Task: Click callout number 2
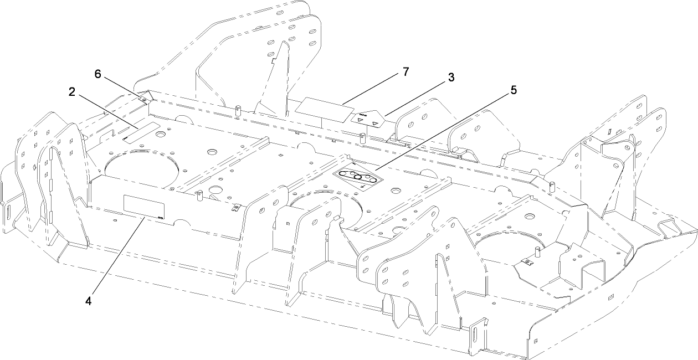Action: (72, 92)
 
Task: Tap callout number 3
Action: (451, 77)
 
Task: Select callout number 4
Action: (89, 301)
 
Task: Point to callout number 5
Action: (513, 90)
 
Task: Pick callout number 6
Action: (98, 74)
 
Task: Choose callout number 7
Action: (406, 72)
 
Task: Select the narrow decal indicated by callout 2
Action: (141, 133)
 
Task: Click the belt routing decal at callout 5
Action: (358, 179)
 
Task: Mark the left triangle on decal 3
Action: (361, 119)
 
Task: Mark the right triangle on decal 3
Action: (375, 124)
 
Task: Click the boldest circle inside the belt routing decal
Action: (358, 177)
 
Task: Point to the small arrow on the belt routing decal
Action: (362, 187)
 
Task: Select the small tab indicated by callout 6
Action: (143, 99)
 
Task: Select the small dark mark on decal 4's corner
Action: (160, 218)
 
